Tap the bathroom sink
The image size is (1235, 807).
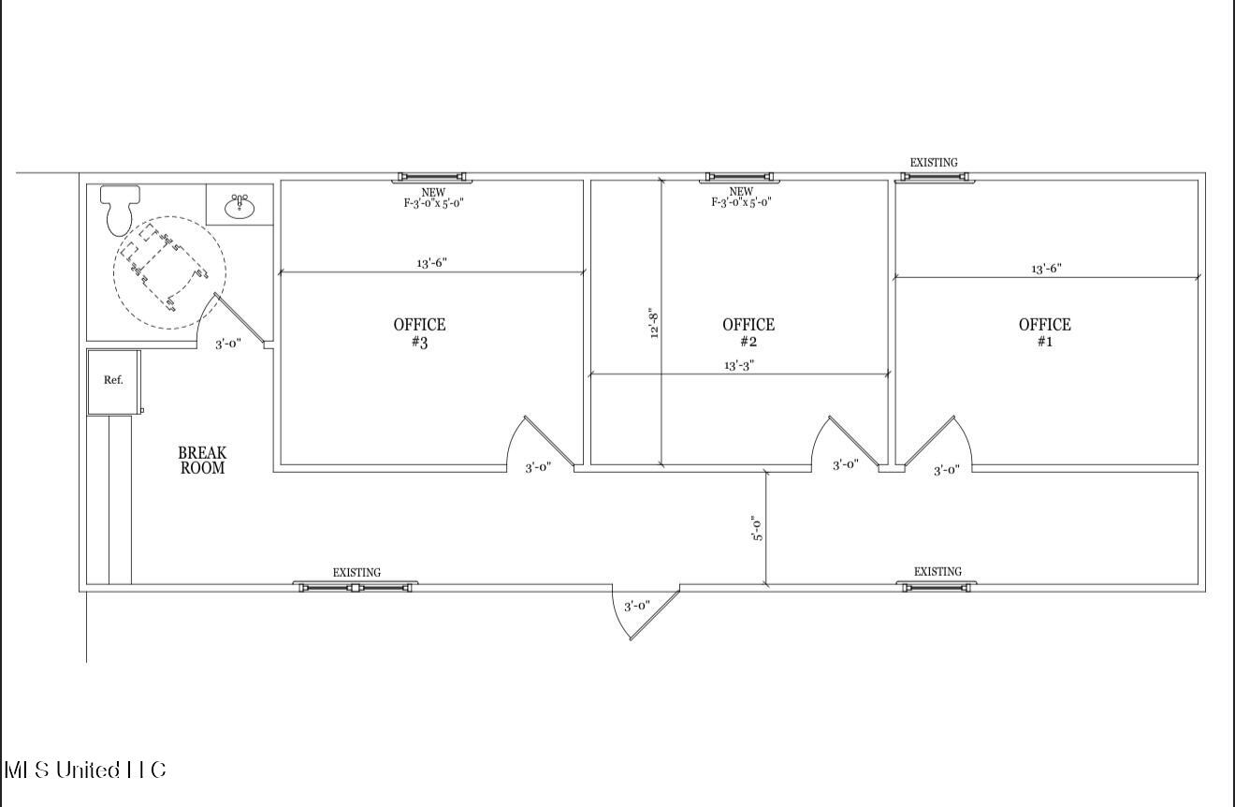240,205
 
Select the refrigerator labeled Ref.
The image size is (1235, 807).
113,380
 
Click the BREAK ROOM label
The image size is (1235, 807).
202,461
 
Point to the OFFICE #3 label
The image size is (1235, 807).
419,333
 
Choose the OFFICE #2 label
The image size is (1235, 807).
748,333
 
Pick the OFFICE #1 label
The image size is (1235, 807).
1045,333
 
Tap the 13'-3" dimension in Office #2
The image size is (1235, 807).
739,365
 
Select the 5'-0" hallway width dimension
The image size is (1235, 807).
757,528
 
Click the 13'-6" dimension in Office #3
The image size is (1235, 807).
431,263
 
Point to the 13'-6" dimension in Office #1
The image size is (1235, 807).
1046,269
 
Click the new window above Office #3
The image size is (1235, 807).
432,177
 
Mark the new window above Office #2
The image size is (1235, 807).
739,177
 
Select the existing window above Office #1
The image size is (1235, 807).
935,178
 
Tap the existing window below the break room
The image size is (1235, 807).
356,587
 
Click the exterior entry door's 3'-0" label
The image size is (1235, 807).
637,606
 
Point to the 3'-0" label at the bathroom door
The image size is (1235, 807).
228,344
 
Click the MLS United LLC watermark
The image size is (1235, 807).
85,770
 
